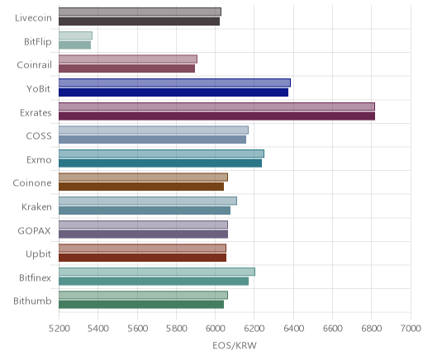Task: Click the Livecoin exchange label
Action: [x=33, y=18]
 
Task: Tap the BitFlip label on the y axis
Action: [x=38, y=41]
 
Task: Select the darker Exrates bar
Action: [x=216, y=116]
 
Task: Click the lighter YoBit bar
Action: [x=174, y=83]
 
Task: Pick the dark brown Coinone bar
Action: [x=141, y=187]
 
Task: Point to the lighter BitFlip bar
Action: [x=75, y=36]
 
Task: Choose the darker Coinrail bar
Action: [x=126, y=69]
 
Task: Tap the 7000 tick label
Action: [x=411, y=328]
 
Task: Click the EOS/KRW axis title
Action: [x=235, y=345]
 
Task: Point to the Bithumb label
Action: [x=32, y=301]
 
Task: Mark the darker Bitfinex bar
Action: [x=154, y=281]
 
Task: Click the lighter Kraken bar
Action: [x=148, y=201]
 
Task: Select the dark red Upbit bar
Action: [x=142, y=258]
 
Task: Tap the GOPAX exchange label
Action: [x=35, y=230]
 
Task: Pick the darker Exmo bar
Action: [x=160, y=163]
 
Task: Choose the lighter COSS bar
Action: [x=154, y=130]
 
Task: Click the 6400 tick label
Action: [x=293, y=328]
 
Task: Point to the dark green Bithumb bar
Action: [x=141, y=305]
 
